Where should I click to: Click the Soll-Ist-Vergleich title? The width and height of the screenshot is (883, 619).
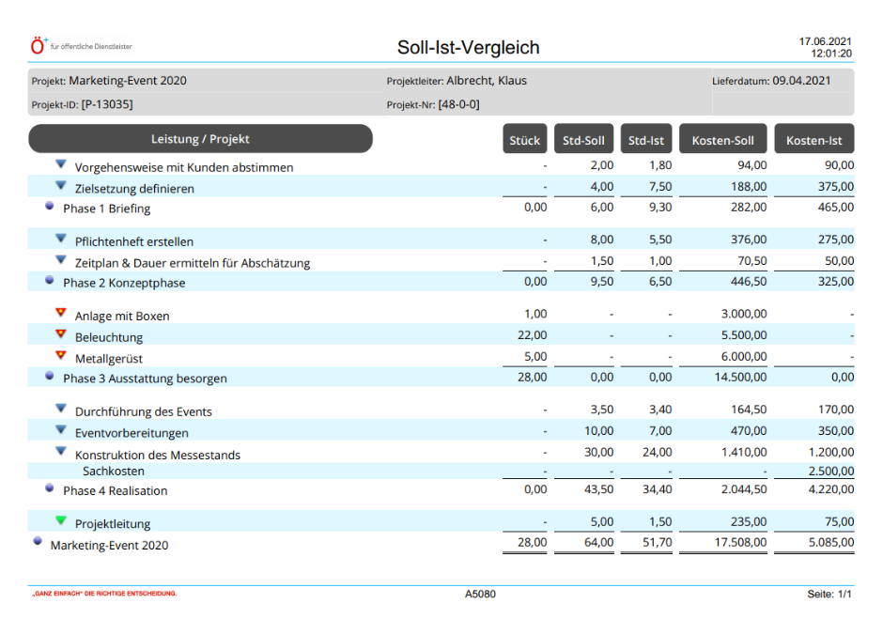coord(468,47)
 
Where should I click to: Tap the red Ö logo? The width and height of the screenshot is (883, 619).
coord(38,46)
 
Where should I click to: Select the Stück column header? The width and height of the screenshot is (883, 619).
coord(524,139)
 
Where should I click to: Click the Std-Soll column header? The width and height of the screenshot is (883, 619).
coord(583,139)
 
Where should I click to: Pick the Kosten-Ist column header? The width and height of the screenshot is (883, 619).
coord(813,139)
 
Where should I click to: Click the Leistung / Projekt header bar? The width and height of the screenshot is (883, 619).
coord(200,139)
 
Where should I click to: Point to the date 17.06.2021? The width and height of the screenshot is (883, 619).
coord(825,41)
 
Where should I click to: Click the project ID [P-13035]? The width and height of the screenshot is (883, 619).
coord(107,104)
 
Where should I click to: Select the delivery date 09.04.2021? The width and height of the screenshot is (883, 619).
coord(801,81)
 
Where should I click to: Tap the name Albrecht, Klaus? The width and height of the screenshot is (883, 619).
coord(487,81)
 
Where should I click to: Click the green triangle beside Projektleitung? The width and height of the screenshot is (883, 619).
coord(61,520)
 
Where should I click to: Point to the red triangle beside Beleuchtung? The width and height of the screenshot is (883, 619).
coord(61,334)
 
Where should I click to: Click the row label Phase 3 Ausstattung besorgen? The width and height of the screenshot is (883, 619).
coord(145,379)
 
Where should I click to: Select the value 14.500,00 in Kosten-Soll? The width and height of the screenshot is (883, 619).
coord(740,377)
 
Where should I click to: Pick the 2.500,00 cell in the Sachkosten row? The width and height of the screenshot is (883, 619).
coord(831,471)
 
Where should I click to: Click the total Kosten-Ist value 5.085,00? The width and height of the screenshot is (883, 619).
coord(831,542)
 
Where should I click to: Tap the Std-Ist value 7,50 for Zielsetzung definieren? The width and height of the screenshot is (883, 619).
coord(660,186)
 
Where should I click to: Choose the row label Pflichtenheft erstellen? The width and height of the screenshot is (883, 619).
coord(134,241)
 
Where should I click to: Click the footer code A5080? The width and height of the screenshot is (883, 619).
coord(480,594)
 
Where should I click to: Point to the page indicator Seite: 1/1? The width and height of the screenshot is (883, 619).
coord(829,594)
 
